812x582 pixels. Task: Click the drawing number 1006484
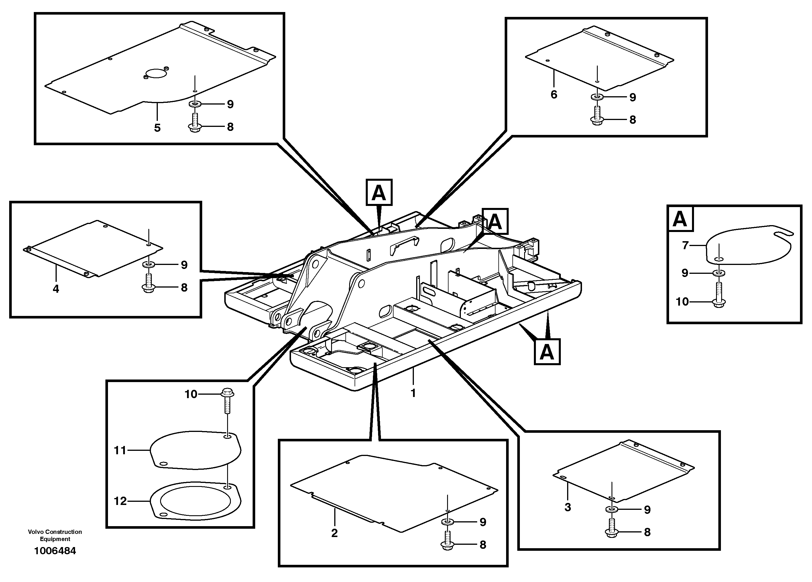(55, 551)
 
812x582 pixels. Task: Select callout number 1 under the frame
(413, 393)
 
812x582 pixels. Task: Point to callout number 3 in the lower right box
(567, 507)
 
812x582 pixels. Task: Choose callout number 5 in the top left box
(157, 128)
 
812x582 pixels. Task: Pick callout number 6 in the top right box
(554, 95)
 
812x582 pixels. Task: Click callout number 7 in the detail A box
(685, 245)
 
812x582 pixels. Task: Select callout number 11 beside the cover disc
(120, 450)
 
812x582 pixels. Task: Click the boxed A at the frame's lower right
(547, 352)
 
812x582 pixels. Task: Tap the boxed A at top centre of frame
(379, 192)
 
